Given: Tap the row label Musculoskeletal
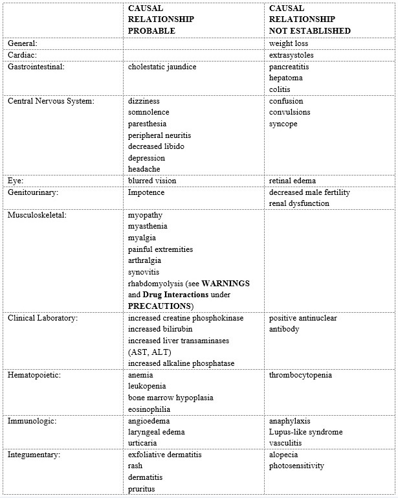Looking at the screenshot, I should tap(36, 214).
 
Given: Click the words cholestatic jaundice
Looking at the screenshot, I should tap(162, 66).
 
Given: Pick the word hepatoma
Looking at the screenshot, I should tap(286, 78).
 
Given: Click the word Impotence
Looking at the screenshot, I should tap(146, 192).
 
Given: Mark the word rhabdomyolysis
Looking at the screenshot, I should tap(155, 284).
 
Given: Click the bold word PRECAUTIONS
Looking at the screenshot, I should tap(160, 306).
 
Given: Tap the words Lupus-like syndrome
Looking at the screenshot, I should tap(306, 432).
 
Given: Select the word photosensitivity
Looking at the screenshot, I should tap(296, 466).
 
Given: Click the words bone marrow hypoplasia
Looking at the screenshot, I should tap(171, 398).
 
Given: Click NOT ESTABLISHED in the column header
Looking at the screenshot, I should tap(310, 30).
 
